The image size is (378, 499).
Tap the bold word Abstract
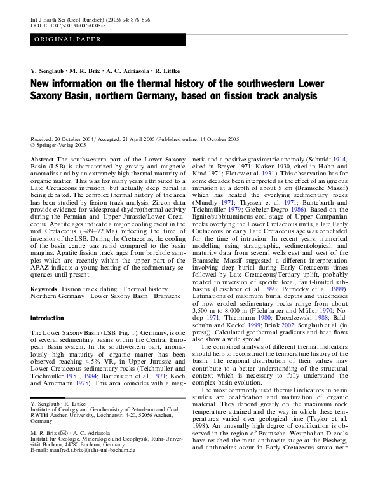coord(42,160)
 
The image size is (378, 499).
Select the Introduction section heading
coord(48,318)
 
